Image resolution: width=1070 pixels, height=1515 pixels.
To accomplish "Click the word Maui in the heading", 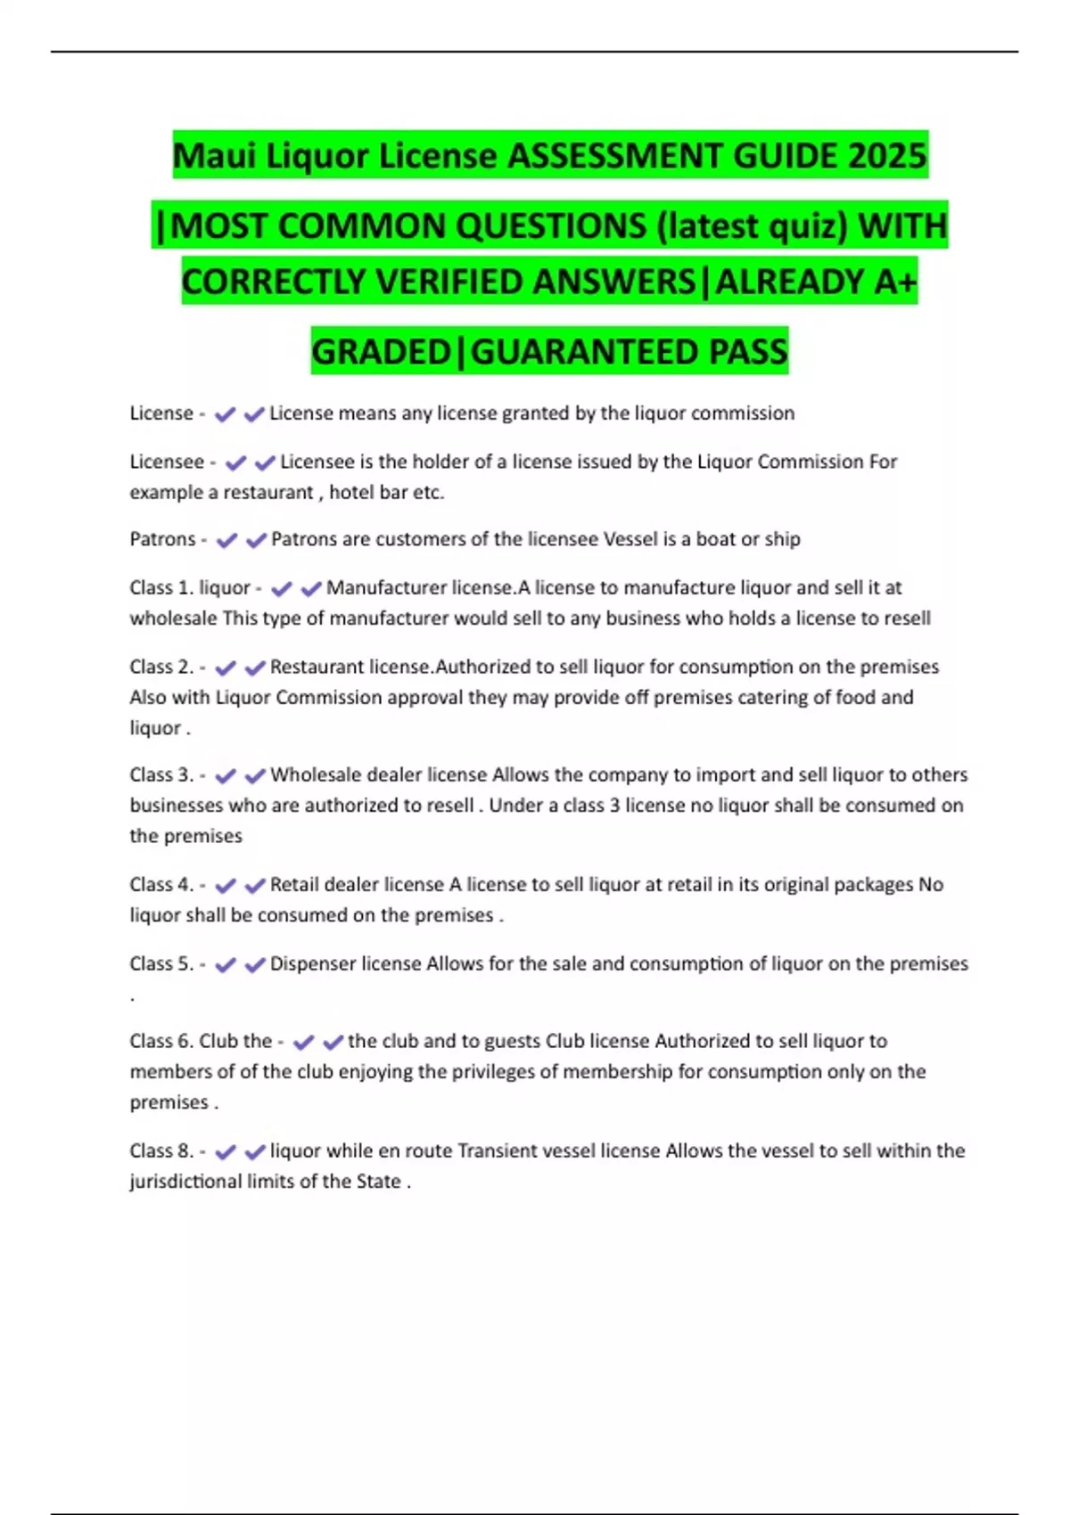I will pos(210,156).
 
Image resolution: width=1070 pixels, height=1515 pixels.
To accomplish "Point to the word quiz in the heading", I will pos(807,226).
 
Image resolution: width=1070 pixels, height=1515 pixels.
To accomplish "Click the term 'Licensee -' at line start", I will pos(172,462).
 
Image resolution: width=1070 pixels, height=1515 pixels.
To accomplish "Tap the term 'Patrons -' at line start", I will pos(168,539).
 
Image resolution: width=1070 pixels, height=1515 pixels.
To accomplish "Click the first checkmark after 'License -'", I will pos(226,414).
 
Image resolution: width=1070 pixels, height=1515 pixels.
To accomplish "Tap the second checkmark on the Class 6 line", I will pos(333,1042).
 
